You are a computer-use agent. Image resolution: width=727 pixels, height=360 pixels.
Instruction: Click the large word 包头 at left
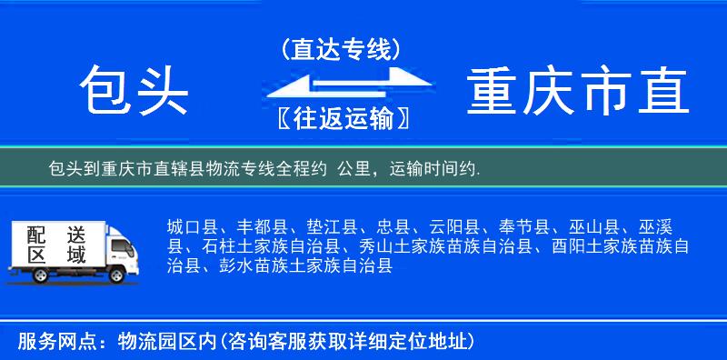pyautogui.click(x=133, y=91)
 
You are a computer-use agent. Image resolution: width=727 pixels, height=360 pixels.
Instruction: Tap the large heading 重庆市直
pyautogui.click(x=578, y=91)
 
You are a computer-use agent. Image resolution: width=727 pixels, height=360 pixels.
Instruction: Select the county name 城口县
pyautogui.click(x=191, y=226)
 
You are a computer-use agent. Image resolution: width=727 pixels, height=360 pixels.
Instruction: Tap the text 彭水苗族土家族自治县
pyautogui.click(x=306, y=266)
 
